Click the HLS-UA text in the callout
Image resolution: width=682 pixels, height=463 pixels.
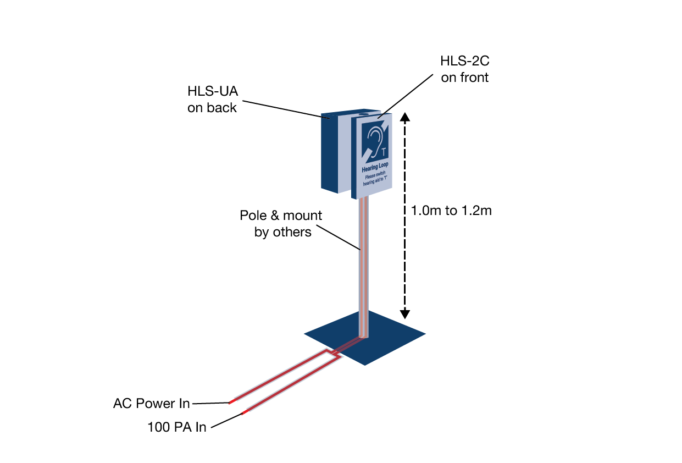[x=213, y=91]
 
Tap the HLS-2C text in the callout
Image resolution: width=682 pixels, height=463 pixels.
[x=464, y=61]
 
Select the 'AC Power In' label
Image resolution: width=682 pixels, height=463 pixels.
[x=151, y=403]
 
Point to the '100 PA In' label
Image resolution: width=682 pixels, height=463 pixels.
[x=177, y=427]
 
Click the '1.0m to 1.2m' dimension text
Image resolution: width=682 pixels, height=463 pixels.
[x=451, y=211]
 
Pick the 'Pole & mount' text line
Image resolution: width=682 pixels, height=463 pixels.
[x=281, y=216]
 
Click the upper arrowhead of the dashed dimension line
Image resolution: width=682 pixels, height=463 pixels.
[x=404, y=117]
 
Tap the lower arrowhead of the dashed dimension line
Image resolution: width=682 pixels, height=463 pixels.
[x=404, y=315]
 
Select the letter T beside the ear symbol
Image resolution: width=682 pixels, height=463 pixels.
[x=384, y=151]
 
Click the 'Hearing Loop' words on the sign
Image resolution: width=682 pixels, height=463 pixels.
[x=375, y=167]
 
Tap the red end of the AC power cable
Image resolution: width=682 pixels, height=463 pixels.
[x=232, y=402]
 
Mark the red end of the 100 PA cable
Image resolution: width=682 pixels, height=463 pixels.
[x=245, y=412]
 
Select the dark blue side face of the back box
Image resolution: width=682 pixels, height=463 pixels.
[x=329, y=154]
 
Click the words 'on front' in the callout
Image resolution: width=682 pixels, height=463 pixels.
[x=464, y=78]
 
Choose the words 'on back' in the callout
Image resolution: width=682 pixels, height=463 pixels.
[x=212, y=108]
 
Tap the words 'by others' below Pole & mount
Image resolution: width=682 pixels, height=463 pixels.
[x=283, y=232]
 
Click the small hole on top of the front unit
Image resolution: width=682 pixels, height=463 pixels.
[x=363, y=115]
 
